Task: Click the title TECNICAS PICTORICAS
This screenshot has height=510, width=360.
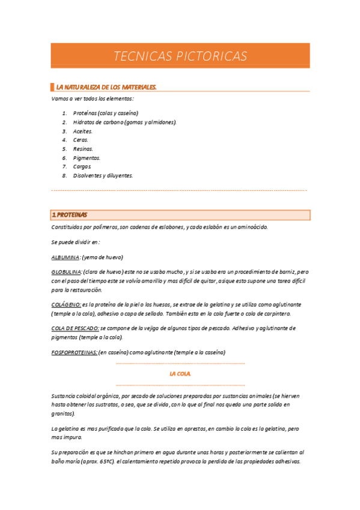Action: [x=180, y=57]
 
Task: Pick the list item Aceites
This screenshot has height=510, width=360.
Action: [x=83, y=131]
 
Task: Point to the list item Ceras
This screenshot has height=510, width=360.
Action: [x=81, y=140]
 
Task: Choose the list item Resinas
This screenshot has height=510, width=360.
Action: [x=83, y=149]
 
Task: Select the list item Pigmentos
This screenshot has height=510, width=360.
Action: [x=87, y=158]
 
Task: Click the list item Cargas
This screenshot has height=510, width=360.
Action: [x=82, y=167]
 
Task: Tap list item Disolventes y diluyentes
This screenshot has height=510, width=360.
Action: [x=103, y=176]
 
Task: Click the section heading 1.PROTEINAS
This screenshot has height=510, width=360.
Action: [x=70, y=215]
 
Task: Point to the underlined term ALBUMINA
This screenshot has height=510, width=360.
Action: [x=66, y=257]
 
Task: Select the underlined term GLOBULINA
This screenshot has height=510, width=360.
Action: [x=67, y=272]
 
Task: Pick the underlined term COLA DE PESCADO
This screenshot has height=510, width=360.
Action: [x=75, y=328]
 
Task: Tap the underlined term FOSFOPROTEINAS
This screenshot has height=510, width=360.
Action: [x=75, y=352]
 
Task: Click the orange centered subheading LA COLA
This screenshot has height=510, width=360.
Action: [x=180, y=373]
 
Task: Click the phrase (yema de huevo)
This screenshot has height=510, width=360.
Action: [x=103, y=257]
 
